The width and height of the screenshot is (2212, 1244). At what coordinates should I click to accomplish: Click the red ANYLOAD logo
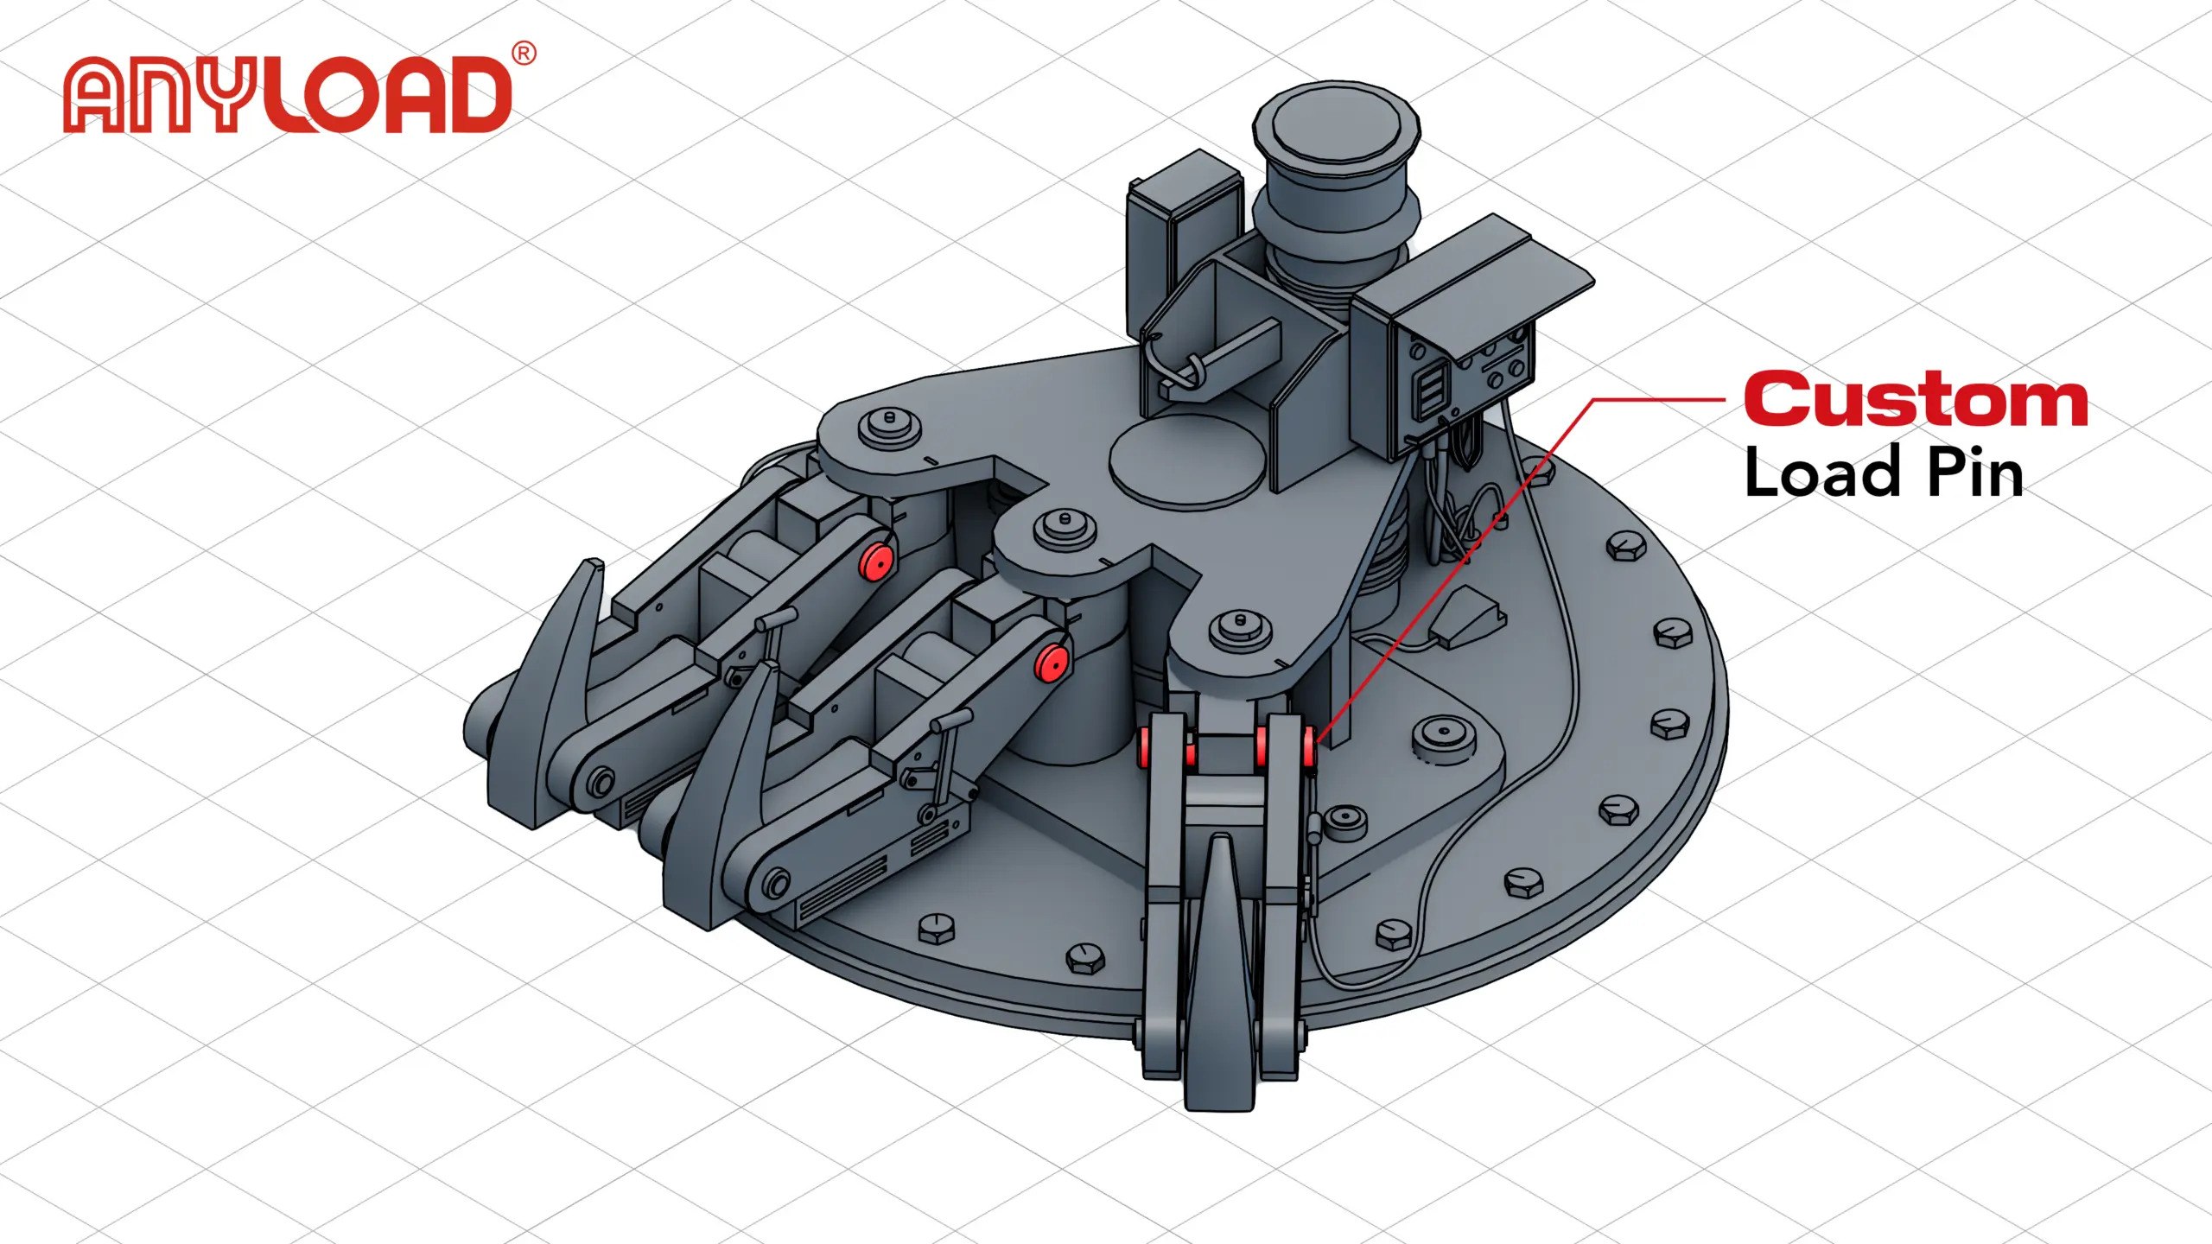point(289,96)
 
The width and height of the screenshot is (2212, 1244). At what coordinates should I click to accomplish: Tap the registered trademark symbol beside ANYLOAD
point(524,54)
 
